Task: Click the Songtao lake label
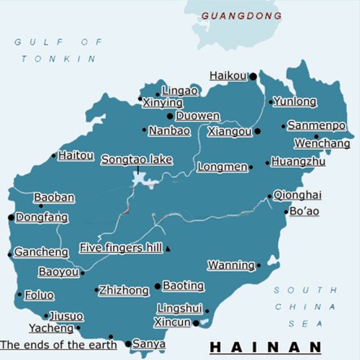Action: coord(136,159)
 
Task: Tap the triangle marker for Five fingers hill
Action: coord(168,248)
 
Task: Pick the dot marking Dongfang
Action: coord(10,217)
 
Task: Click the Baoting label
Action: coord(183,285)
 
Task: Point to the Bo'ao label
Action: coord(304,211)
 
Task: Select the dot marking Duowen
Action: coord(169,116)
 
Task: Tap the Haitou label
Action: coord(76,155)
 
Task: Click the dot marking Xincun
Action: coord(196,323)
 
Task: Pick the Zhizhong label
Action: coord(124,290)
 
